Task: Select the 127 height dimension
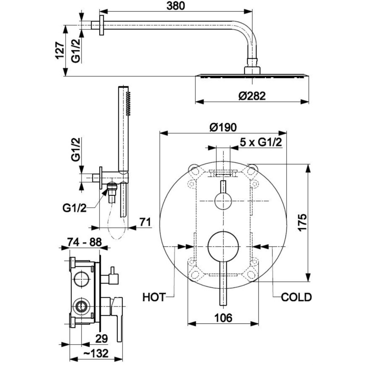[59, 50]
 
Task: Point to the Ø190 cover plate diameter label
[223, 127]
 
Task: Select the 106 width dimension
[223, 318]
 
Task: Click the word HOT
[153, 297]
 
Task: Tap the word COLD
[296, 297]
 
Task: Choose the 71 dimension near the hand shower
[145, 222]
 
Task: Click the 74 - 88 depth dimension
[84, 243]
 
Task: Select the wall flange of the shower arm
[101, 26]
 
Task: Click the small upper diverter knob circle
[223, 202]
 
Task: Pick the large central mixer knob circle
[223, 246]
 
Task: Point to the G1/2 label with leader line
[74, 208]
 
